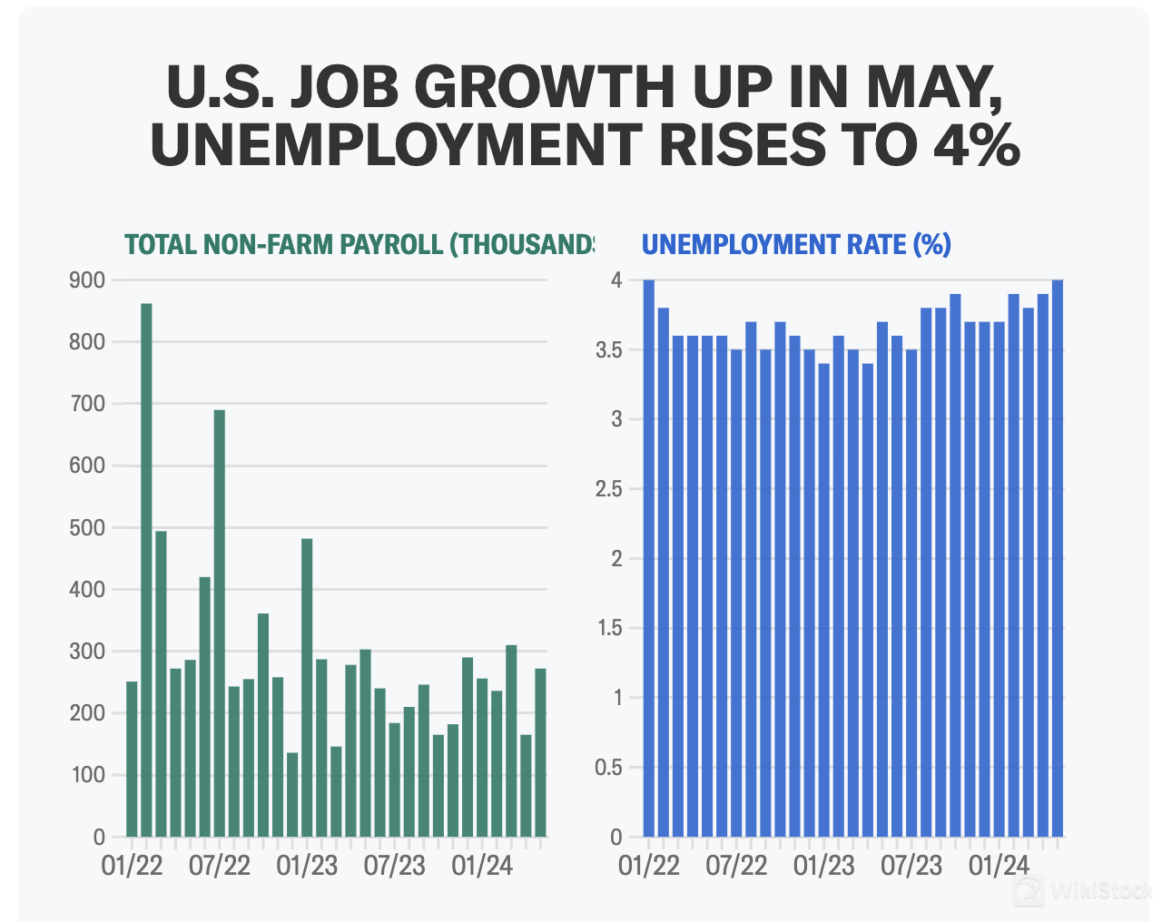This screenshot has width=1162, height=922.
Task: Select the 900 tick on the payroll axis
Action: tap(87, 280)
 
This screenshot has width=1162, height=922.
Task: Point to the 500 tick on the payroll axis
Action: tap(87, 528)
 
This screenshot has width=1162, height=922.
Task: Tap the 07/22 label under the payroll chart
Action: tap(220, 866)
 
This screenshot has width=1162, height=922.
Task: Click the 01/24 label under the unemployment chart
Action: tap(999, 866)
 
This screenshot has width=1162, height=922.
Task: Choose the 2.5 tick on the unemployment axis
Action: tap(608, 490)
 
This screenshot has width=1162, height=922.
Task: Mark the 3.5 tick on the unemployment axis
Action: tap(608, 350)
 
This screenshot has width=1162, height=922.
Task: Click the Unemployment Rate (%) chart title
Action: tap(796, 245)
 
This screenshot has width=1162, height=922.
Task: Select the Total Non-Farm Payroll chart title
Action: tap(359, 245)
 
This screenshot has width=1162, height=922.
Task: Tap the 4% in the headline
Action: tap(971, 145)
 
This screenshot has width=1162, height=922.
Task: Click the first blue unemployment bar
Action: tap(648, 558)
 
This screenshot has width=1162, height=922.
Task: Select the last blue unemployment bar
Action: tap(1058, 558)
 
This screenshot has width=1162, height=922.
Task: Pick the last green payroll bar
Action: tap(541, 752)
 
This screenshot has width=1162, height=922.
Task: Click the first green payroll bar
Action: tap(132, 759)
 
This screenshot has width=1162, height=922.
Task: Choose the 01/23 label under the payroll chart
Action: tap(307, 866)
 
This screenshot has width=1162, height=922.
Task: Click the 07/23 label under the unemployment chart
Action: tap(911, 866)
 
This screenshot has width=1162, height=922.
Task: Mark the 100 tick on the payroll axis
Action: tap(87, 776)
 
